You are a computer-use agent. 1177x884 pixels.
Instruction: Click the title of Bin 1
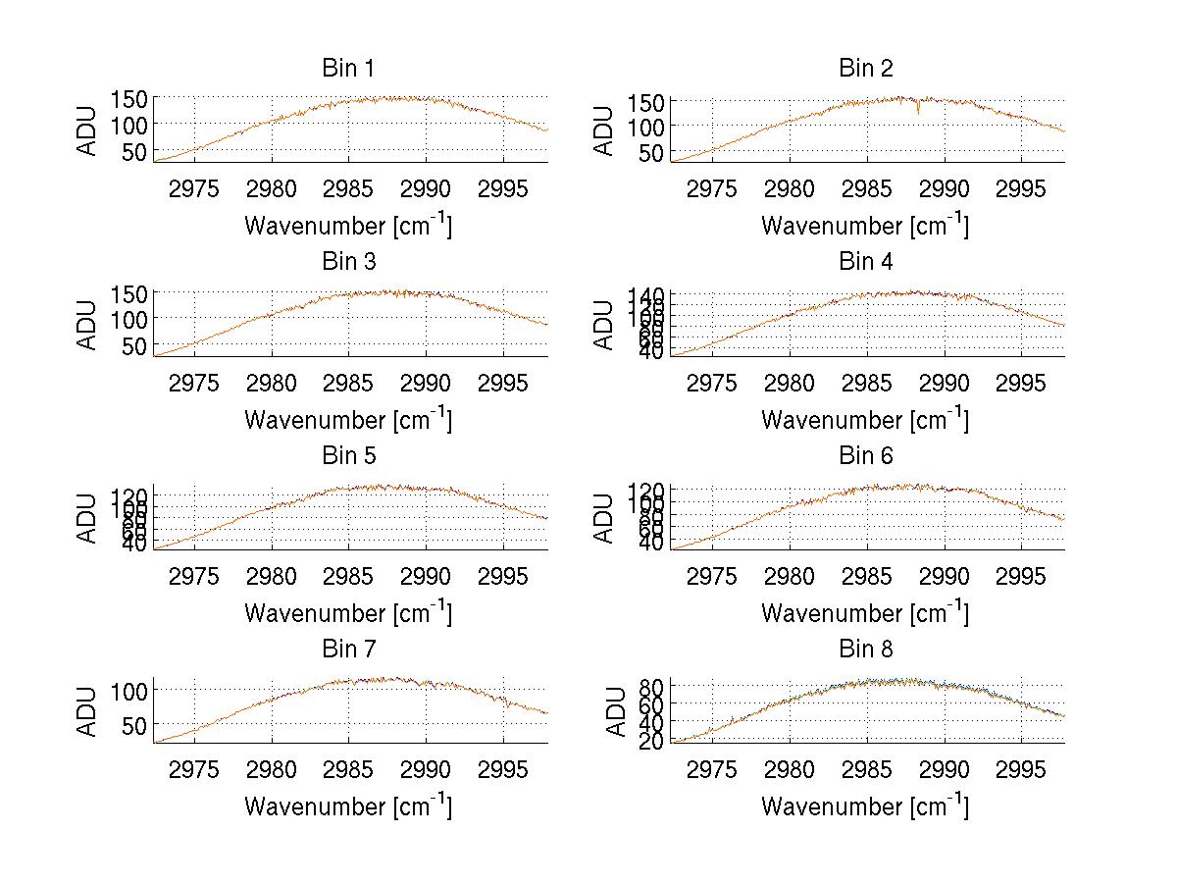tap(347, 69)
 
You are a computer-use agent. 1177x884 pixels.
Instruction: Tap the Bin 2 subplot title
tap(865, 69)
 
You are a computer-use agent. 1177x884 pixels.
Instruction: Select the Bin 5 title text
tap(347, 456)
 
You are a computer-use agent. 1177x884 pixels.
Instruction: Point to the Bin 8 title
tap(865, 650)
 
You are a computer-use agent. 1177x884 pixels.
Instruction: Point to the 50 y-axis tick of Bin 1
tap(135, 151)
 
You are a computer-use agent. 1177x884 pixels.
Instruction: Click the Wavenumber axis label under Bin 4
tap(865, 419)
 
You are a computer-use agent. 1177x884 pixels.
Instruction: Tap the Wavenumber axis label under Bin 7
tap(348, 806)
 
